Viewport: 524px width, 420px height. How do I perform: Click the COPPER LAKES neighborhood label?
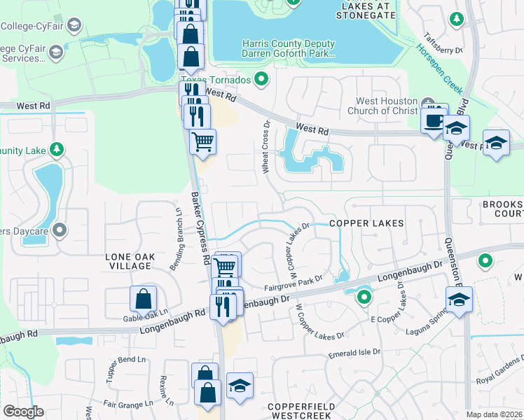tap(366, 223)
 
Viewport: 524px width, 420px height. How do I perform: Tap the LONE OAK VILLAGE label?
tap(129, 261)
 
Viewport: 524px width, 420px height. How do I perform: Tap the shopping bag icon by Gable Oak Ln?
tap(143, 300)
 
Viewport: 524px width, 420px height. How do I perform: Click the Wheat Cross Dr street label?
tap(266, 149)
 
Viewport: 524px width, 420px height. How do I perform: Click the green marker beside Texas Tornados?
tap(262, 79)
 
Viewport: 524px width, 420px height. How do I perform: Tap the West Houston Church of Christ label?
tap(383, 105)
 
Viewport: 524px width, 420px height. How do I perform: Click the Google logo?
tap(23, 412)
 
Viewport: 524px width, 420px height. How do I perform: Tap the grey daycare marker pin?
tap(60, 230)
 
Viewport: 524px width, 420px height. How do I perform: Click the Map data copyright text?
tap(494, 414)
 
